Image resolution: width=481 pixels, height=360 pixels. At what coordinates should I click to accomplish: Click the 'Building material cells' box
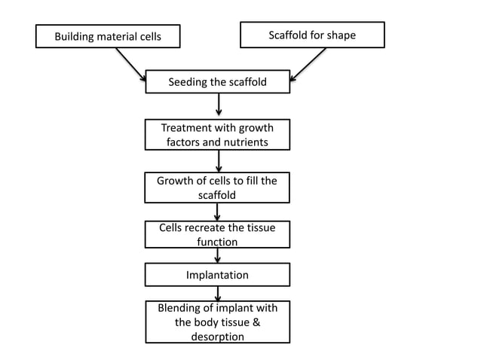click(x=108, y=36)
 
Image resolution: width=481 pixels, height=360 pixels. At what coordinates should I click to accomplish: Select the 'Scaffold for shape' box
click(x=311, y=35)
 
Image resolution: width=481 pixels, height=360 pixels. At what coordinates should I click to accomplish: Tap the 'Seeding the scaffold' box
click(x=217, y=82)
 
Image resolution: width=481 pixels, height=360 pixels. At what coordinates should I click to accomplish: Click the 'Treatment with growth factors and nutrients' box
click(x=217, y=135)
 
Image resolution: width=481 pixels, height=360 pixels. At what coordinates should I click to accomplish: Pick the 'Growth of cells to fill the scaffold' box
click(x=217, y=188)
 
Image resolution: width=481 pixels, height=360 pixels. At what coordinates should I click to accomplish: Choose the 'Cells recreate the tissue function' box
click(x=217, y=234)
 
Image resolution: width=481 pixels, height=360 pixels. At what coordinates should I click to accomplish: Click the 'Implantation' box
click(x=217, y=275)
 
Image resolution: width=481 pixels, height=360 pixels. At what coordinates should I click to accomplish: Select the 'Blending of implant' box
click(x=217, y=322)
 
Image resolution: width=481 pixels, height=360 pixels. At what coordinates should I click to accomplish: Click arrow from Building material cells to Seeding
click(x=129, y=64)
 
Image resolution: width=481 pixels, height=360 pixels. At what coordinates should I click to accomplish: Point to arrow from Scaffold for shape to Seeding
click(x=309, y=63)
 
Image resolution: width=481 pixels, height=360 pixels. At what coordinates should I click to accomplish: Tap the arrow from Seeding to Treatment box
click(x=218, y=106)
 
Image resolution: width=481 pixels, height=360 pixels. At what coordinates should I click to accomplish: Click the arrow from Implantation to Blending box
click(x=218, y=294)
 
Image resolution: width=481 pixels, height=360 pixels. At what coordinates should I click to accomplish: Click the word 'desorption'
click(x=217, y=337)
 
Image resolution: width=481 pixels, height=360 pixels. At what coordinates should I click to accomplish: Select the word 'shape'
click(x=341, y=35)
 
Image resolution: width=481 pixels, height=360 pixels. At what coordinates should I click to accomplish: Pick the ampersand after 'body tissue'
click(x=255, y=322)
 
